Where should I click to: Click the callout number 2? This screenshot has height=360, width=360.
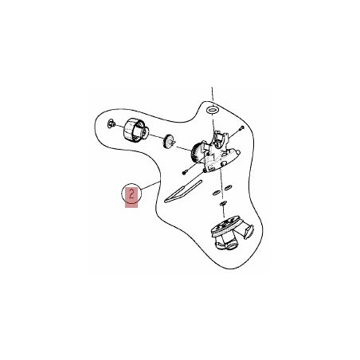(131, 194)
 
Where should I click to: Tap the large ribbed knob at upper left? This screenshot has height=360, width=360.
(135, 130)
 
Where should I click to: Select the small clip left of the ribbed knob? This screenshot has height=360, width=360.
(111, 123)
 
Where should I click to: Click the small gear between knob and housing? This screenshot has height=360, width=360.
(169, 142)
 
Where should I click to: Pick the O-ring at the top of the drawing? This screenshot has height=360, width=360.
(212, 109)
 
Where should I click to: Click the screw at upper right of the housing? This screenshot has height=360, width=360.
(241, 128)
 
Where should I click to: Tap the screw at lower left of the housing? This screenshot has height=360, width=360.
(185, 173)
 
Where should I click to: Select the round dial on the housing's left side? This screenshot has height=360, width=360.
(197, 154)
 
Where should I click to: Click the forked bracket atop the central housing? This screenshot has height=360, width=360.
(220, 137)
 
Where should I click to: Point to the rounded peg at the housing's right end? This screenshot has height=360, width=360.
(237, 152)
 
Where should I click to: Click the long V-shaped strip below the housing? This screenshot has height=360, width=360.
(183, 192)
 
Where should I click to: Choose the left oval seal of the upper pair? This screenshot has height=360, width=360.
(217, 192)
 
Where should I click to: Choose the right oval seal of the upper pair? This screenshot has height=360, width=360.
(227, 188)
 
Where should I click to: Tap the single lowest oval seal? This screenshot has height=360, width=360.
(223, 204)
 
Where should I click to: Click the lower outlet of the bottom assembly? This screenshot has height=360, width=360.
(227, 244)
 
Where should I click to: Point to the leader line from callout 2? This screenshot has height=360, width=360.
(151, 185)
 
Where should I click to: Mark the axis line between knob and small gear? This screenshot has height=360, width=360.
(155, 136)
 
